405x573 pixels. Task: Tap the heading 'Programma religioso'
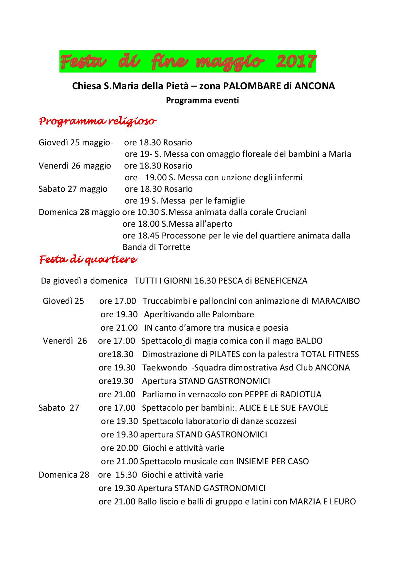coord(97,122)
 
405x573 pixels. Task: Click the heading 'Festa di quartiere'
coord(88,260)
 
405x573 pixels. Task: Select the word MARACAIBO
coord(335,301)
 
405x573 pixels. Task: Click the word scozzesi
coord(281,421)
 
